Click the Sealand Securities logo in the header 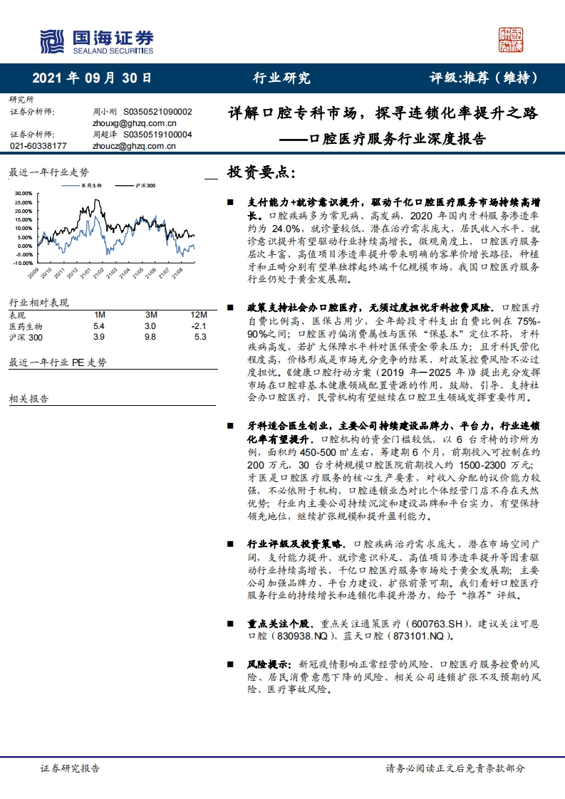pos(96,41)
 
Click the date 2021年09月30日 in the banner pos(92,78)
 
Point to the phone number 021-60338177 pos(38,146)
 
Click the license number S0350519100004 pos(157,134)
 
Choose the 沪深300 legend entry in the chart pos(146,185)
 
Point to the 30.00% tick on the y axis pos(23,193)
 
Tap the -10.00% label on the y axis pos(22,263)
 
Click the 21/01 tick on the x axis pos(85,273)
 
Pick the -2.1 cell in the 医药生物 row pos(199,326)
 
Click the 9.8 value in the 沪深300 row pos(150,338)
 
